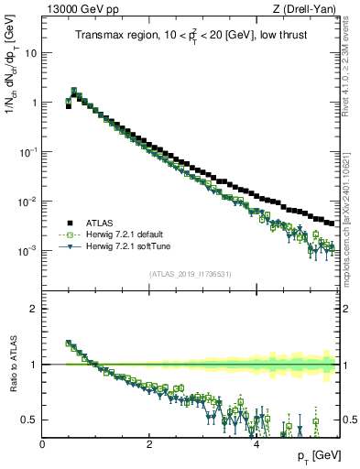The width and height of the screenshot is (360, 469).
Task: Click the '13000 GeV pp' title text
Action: pos(80,10)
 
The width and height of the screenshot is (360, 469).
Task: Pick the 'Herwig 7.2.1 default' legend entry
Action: pos(125,234)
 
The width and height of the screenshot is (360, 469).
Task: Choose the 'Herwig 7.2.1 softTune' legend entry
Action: pos(126,246)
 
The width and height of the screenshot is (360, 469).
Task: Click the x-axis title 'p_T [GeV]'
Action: pos(313,455)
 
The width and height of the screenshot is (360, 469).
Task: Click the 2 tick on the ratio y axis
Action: pos(34,309)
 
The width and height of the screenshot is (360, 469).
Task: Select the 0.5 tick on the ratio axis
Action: pos(29,420)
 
